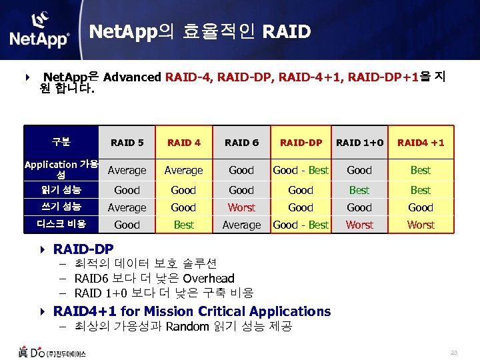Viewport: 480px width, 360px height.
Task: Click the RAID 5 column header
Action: click(x=127, y=143)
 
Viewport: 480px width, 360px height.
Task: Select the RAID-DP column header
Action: click(x=301, y=143)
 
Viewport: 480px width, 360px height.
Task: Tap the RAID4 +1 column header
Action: click(x=421, y=143)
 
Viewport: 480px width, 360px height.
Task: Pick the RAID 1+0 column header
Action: click(x=359, y=143)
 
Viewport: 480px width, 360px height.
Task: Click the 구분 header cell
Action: click(x=61, y=142)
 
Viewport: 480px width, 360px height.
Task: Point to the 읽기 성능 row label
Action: click(x=61, y=189)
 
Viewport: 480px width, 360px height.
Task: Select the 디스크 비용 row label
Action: click(x=61, y=224)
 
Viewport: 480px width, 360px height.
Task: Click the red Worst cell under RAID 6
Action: click(x=241, y=207)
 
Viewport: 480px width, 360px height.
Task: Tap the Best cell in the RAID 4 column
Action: click(x=183, y=225)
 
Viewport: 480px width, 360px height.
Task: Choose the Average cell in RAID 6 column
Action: click(x=241, y=225)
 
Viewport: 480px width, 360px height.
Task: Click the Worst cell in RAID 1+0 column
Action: click(x=359, y=225)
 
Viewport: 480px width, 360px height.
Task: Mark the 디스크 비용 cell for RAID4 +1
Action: click(x=421, y=225)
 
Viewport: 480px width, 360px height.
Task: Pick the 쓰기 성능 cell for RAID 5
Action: click(x=127, y=207)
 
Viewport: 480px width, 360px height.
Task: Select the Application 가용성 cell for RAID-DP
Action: click(x=301, y=170)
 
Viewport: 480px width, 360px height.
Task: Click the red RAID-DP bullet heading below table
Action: click(x=83, y=249)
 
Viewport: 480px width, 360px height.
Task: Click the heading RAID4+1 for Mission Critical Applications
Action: click(x=192, y=311)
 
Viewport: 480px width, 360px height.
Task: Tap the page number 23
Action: click(x=454, y=352)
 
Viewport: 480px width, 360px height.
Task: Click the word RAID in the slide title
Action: click(x=287, y=31)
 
